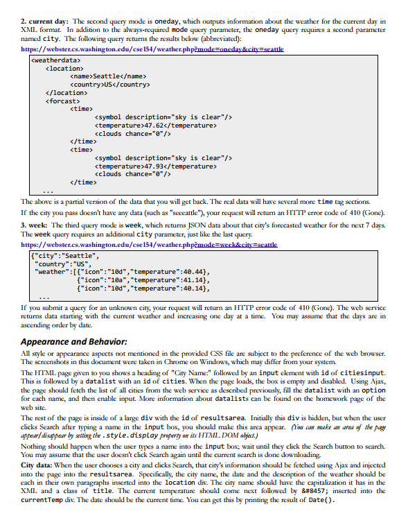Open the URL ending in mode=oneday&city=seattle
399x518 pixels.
coord(147,50)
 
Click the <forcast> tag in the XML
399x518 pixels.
coord(64,101)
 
